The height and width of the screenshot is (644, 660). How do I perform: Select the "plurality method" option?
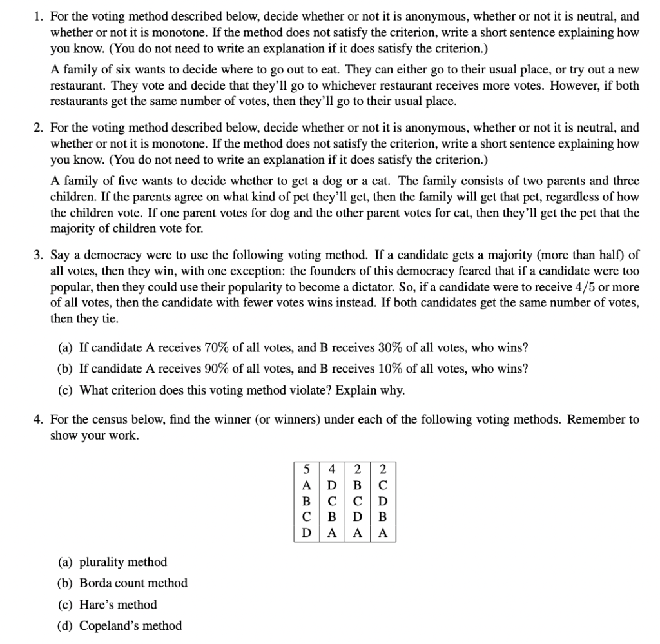click(122, 562)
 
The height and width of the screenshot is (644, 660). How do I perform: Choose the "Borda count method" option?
click(133, 583)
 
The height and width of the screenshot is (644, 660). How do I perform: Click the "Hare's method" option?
click(117, 605)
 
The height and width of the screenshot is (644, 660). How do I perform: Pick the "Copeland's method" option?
click(130, 626)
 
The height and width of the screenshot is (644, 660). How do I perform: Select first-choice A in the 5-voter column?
click(307, 485)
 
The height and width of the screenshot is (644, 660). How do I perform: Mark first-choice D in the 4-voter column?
click(332, 485)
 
